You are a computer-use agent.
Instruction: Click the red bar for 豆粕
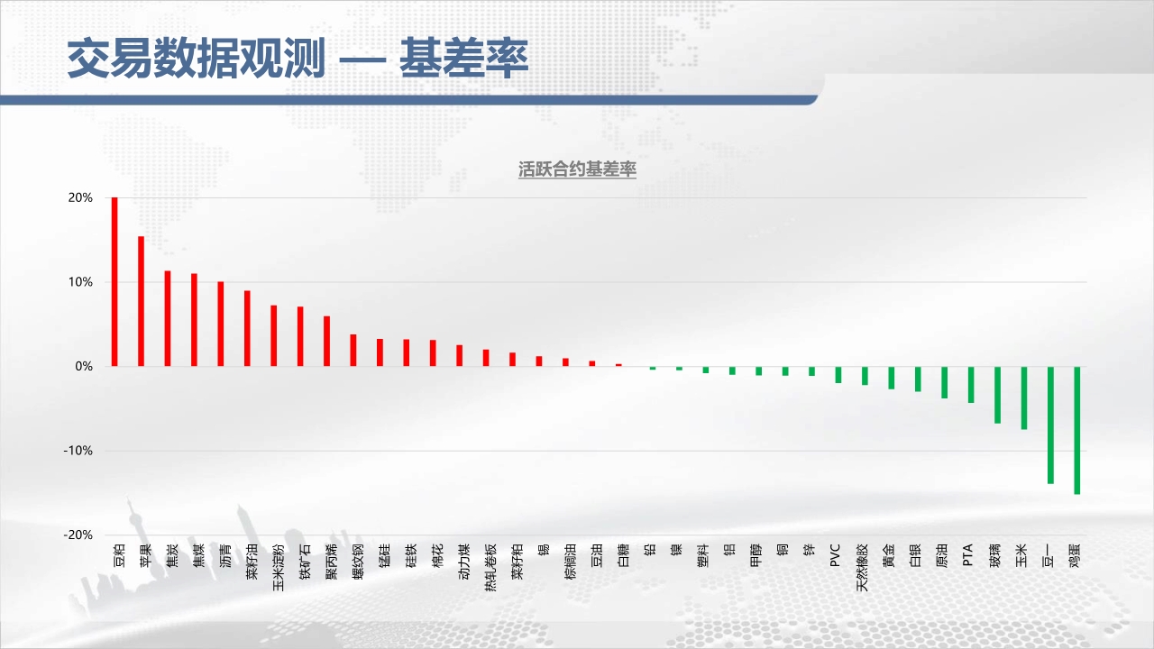coord(114,282)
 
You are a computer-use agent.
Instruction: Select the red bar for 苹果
coord(142,301)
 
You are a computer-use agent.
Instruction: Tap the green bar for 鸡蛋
coord(1076,430)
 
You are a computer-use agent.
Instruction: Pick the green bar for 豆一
coord(1050,425)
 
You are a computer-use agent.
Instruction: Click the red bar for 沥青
coord(221,324)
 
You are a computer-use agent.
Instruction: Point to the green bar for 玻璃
coord(997,395)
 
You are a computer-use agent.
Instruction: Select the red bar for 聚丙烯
coord(326,341)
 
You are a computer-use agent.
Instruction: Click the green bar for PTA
coord(971,385)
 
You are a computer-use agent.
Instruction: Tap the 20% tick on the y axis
coord(80,197)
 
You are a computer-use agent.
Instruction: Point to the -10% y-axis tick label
coord(78,451)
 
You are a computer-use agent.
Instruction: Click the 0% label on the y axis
coord(84,366)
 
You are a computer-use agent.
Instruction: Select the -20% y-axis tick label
coord(78,535)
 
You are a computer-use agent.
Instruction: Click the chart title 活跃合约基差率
coord(577,169)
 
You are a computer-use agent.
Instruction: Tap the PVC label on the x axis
coord(835,555)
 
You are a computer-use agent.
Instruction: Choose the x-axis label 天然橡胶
coord(862,567)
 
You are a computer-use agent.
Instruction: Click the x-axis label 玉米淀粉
coord(279,567)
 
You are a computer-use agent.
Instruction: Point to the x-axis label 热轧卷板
coord(490,567)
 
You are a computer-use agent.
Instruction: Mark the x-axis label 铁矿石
coord(305,562)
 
